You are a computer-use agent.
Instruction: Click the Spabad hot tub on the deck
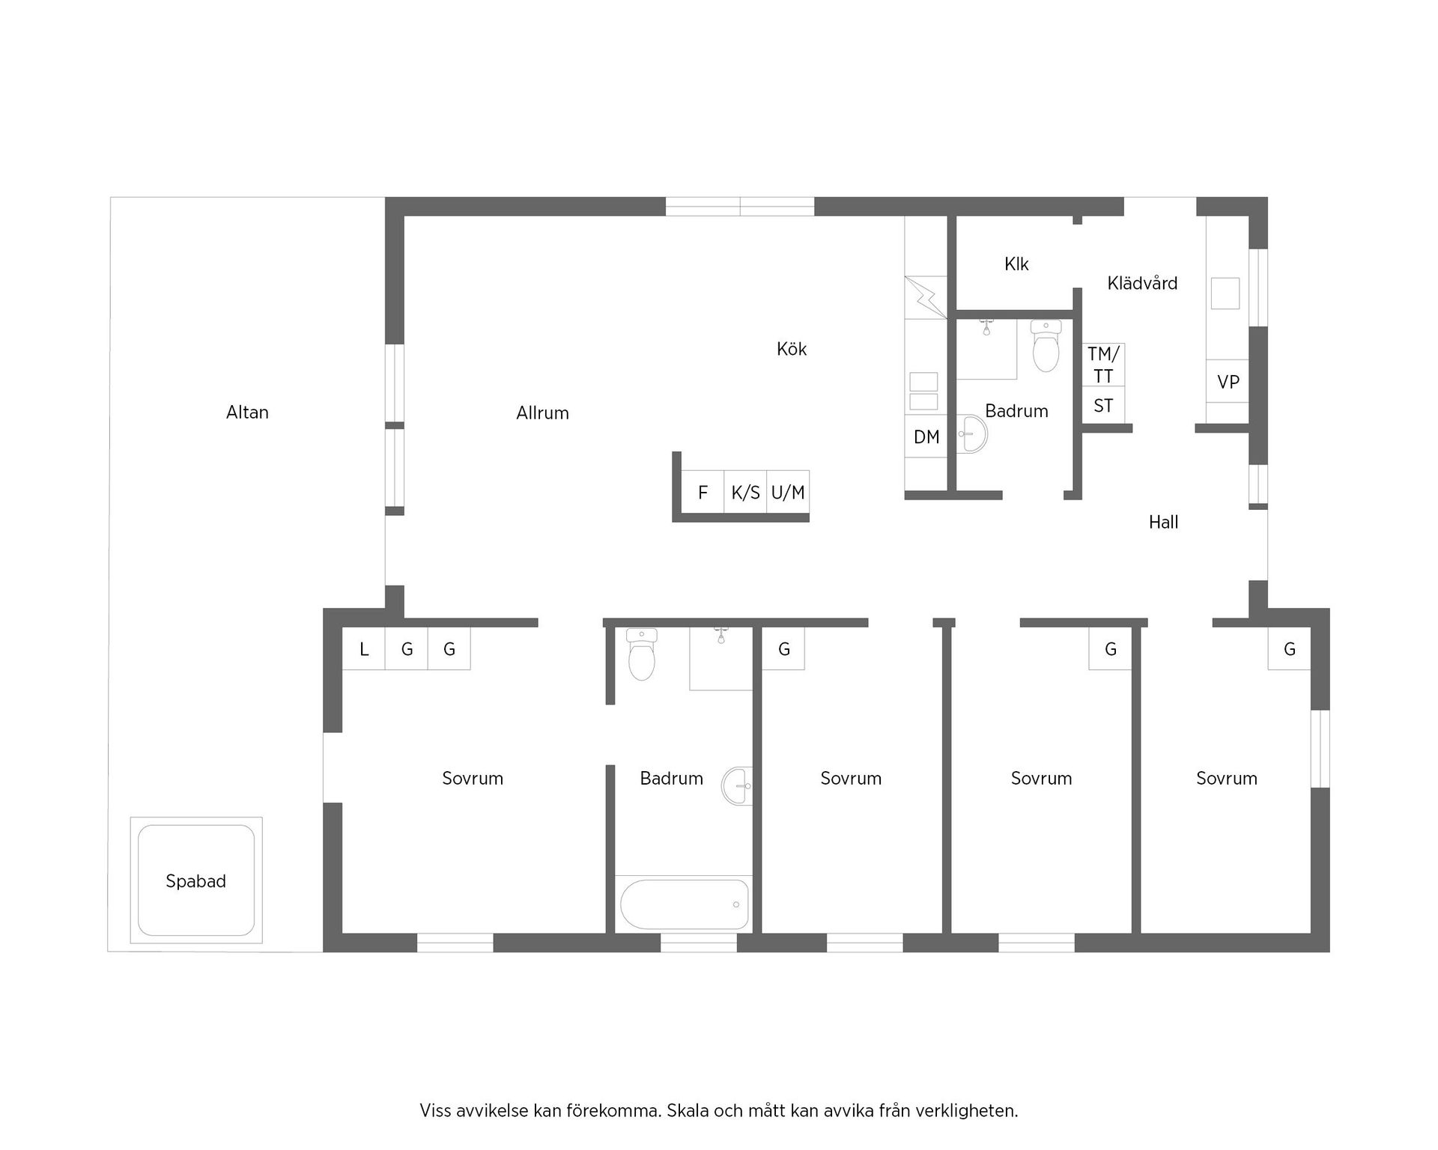pos(196,880)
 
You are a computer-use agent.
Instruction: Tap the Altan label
pos(247,412)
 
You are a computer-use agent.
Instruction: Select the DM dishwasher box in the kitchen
pos(926,436)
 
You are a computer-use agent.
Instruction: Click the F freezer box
pos(703,492)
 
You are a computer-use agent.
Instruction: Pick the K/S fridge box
pos(745,492)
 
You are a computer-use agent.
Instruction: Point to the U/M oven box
pos(788,492)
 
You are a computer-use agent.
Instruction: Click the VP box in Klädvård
pos(1228,382)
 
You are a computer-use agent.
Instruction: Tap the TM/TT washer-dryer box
pos(1103,365)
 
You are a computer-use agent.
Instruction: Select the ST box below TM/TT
pos(1103,406)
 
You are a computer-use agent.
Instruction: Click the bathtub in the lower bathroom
pos(685,904)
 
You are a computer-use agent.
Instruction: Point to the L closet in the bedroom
pos(364,648)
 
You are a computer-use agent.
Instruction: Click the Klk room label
pos(1016,264)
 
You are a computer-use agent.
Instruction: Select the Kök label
pos(792,349)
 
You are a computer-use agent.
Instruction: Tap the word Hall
pos(1163,522)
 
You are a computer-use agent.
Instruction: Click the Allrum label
pos(542,413)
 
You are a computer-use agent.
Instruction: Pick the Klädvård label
pos(1142,283)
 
